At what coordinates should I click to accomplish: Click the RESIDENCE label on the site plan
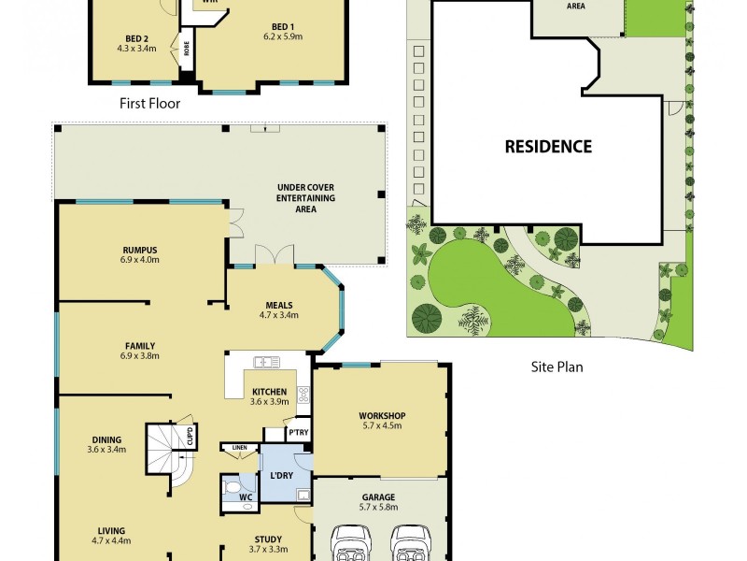point(548,147)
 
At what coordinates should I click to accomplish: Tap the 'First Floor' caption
point(149,104)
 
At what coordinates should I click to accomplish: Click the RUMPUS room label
point(139,250)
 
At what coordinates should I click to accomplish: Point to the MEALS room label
point(278,305)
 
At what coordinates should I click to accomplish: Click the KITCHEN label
point(268,391)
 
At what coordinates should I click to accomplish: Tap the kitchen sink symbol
point(267,361)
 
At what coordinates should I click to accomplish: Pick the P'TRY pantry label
point(299,432)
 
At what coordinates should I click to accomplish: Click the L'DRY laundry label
point(282,476)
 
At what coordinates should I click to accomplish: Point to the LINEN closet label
point(239,449)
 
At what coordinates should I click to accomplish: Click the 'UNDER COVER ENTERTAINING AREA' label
point(305,198)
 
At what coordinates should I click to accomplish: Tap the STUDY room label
point(268,539)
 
